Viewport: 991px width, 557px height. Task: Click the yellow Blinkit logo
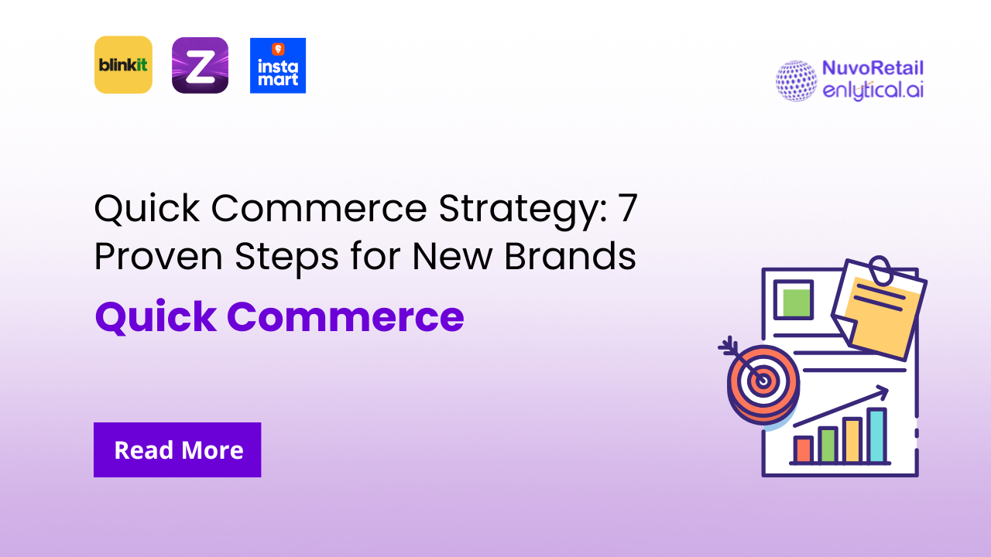(123, 65)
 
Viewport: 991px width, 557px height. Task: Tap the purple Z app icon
(200, 65)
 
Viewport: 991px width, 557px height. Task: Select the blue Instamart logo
(278, 66)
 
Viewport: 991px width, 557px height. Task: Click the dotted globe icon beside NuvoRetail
(796, 80)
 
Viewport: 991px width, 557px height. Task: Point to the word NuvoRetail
(873, 69)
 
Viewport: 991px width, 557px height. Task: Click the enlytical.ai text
(873, 90)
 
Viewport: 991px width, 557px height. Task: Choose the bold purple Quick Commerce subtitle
(279, 316)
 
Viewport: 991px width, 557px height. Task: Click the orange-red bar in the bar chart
(804, 449)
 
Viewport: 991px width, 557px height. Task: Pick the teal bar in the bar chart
(876, 436)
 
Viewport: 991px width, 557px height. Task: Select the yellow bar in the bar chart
(852, 440)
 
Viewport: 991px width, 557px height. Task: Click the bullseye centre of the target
(763, 380)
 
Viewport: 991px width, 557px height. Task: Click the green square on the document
(794, 300)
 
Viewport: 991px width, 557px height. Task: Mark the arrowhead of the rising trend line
(883, 394)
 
